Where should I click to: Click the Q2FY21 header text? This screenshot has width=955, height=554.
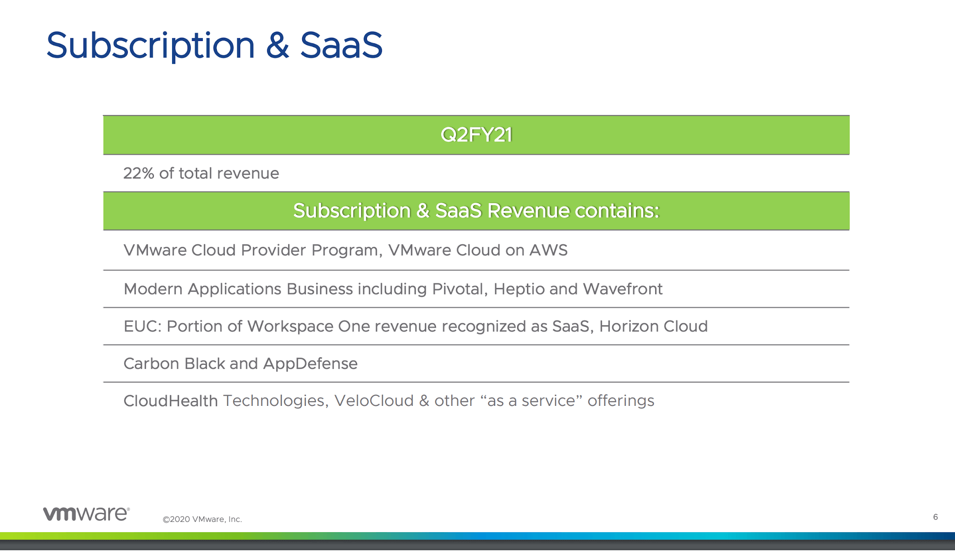click(x=476, y=135)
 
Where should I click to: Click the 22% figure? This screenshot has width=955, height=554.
click(x=138, y=173)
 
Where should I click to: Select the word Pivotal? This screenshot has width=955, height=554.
click(x=459, y=289)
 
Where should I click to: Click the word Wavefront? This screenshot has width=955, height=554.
click(x=622, y=289)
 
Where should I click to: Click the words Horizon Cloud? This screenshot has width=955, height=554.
click(x=653, y=326)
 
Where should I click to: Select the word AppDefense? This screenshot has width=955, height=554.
click(x=310, y=363)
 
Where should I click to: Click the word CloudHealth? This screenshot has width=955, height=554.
click(x=170, y=401)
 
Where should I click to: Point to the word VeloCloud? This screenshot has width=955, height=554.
click(x=374, y=401)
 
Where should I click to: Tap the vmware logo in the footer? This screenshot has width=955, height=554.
click(x=86, y=513)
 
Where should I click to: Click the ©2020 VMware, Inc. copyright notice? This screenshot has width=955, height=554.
click(x=202, y=519)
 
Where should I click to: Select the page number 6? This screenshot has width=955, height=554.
click(x=935, y=517)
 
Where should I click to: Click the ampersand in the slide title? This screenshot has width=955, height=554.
click(x=277, y=46)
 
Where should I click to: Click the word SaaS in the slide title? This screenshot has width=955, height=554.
click(x=341, y=46)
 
